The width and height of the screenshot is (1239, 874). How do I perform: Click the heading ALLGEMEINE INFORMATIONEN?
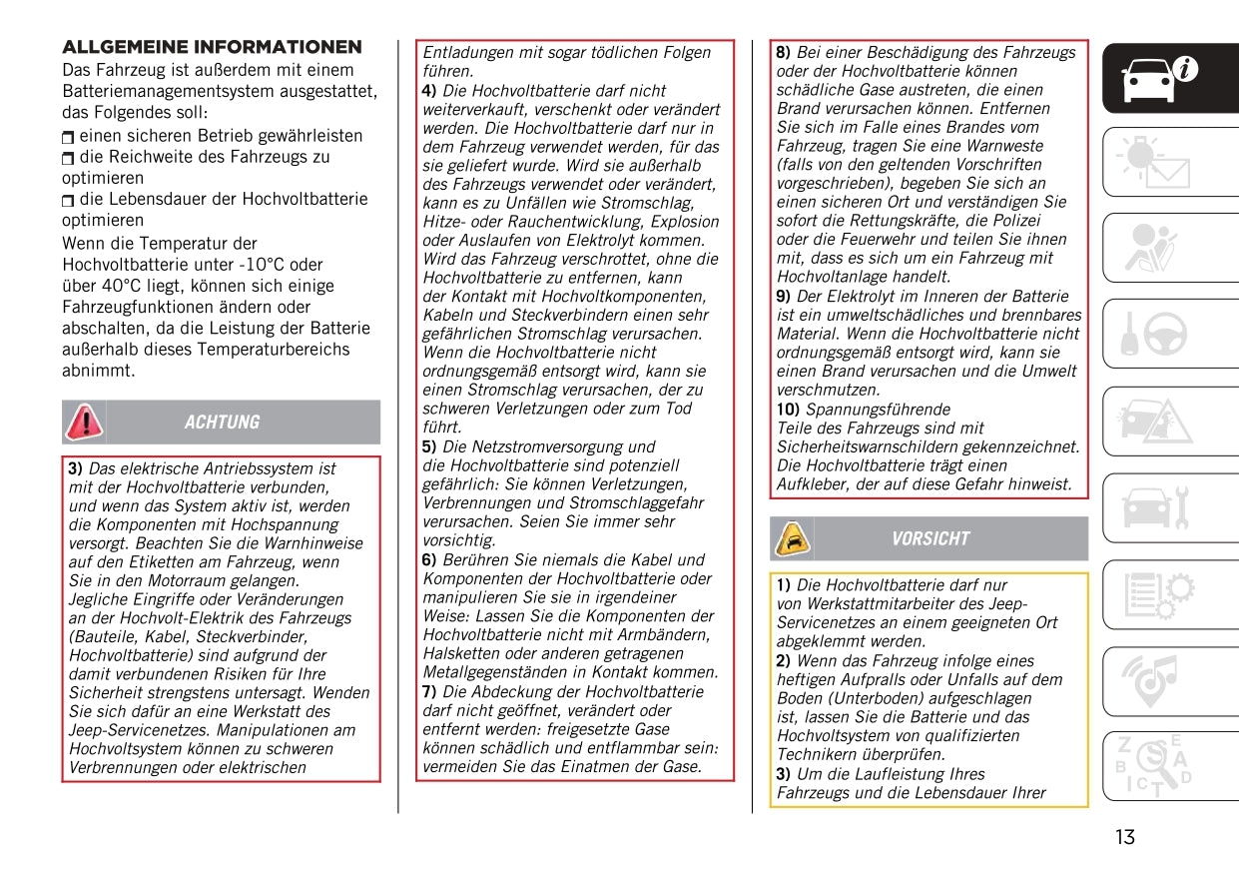[212, 47]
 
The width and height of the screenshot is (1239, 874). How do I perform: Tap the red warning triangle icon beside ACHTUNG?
[83, 422]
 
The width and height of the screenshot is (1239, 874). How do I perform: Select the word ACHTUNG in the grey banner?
[222, 423]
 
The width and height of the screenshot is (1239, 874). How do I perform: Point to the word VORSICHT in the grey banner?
[930, 539]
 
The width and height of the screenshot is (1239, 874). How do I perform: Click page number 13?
[1125, 837]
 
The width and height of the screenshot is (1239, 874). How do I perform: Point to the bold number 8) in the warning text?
[784, 52]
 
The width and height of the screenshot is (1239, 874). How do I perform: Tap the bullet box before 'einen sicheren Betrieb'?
[68, 137]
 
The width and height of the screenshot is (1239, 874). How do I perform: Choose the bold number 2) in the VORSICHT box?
[784, 661]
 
